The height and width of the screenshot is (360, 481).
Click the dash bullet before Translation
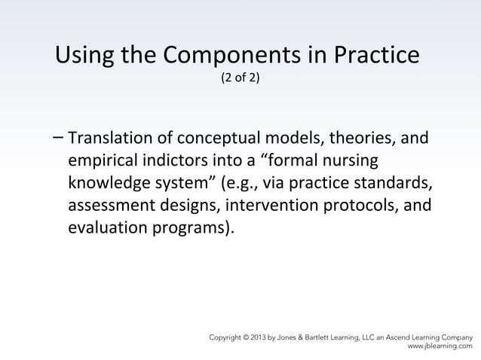(x=59, y=137)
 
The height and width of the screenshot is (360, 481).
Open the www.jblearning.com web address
(x=440, y=348)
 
